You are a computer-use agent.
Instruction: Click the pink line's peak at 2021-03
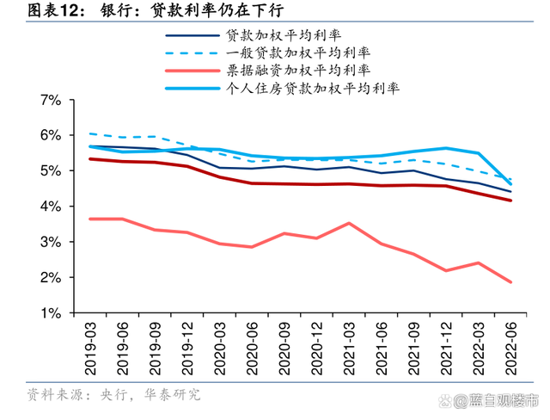347,223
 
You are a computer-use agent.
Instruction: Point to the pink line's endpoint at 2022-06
510,281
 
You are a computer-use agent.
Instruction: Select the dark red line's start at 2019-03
91,159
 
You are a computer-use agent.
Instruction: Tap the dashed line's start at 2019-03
91,133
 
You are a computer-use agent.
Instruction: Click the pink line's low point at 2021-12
445,270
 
